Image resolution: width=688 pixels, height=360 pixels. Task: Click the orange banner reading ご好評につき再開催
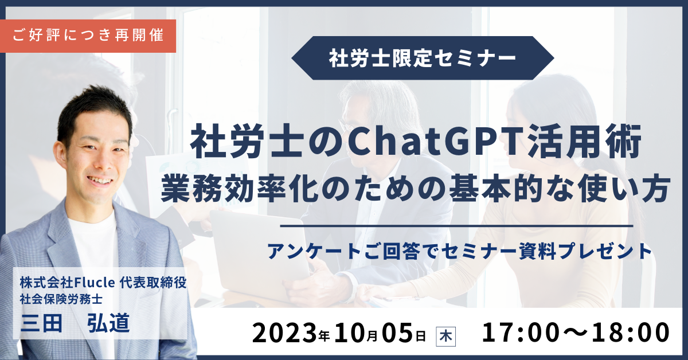[x=88, y=36]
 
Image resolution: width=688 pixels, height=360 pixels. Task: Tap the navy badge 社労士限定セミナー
[x=423, y=58]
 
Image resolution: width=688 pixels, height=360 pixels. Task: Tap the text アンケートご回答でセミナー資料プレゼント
[x=459, y=251]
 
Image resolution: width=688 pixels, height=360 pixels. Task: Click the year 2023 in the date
[x=284, y=332]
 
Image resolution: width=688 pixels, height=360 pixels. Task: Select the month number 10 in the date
[x=350, y=332]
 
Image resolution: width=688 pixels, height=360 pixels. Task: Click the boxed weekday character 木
[x=446, y=336]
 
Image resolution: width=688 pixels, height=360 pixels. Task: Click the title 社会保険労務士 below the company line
[x=61, y=299]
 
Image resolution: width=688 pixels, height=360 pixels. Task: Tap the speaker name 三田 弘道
[x=75, y=323]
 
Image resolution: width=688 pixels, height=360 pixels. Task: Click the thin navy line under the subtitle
[x=456, y=226]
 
